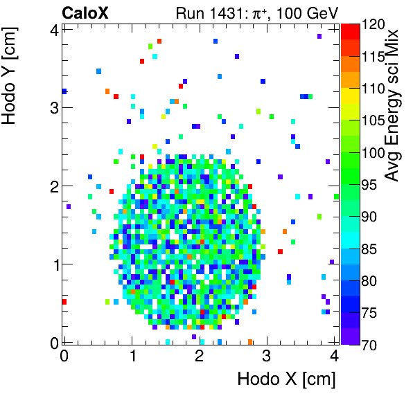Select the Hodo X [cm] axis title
(x=286, y=379)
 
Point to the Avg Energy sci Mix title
(x=394, y=104)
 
